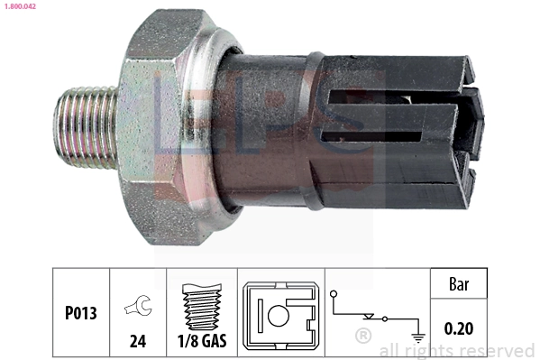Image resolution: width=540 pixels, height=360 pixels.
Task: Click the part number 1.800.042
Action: [19, 5]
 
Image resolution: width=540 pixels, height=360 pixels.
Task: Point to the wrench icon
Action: [139, 306]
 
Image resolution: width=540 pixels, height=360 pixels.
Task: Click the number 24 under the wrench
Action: [139, 342]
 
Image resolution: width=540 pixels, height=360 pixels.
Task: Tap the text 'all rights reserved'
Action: [456, 350]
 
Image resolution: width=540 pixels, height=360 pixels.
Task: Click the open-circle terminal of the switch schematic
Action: [334, 294]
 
